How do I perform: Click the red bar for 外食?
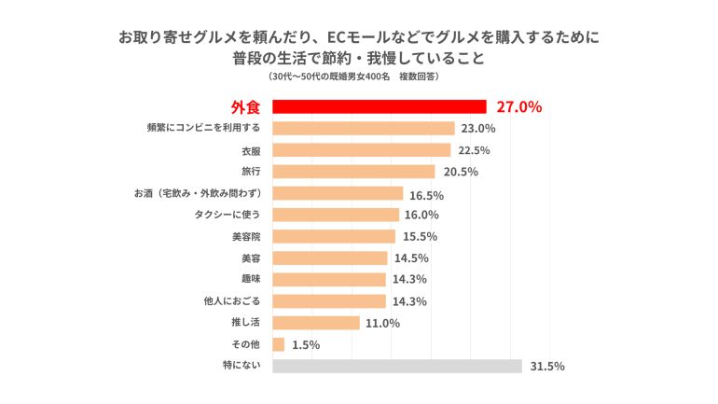point(379,106)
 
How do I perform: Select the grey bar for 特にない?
point(396,366)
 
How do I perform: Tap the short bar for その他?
point(278,344)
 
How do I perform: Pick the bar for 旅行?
point(353,172)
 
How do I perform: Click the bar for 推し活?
point(315,323)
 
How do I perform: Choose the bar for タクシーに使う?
point(335,215)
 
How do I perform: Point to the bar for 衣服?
point(361,150)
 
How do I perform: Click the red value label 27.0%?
point(518,106)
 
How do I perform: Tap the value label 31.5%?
point(546,366)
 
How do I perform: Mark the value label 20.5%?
point(460,172)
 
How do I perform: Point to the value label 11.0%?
point(383,323)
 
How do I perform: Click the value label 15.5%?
point(420,237)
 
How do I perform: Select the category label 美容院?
point(243,237)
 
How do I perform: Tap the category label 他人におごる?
point(231,301)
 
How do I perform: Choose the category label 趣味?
point(250,280)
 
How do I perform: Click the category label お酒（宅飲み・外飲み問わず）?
point(197,193)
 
